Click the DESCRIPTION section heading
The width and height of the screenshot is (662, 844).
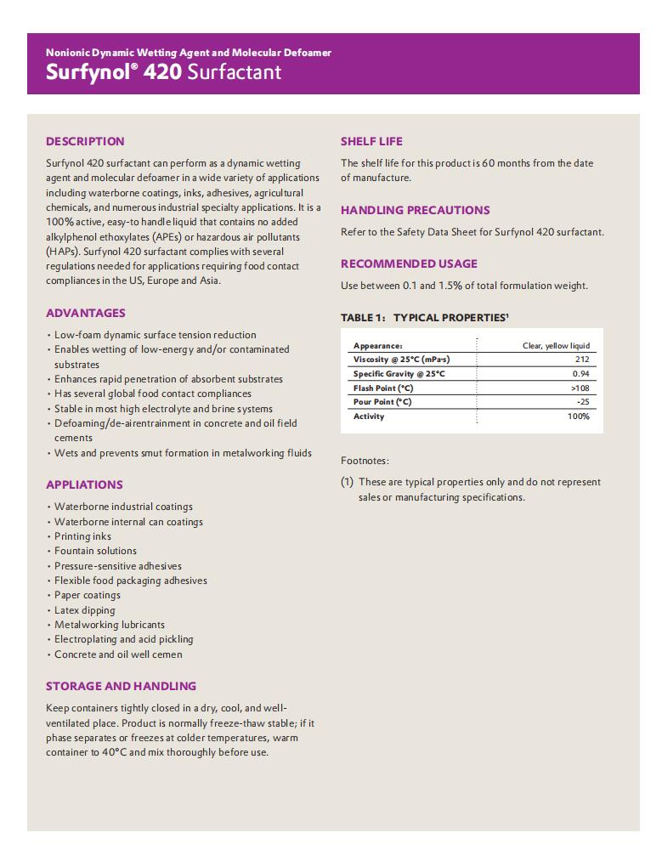pyautogui.click(x=85, y=141)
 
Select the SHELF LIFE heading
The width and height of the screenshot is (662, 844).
pyautogui.click(x=371, y=141)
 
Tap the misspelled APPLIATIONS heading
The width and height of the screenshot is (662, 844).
pyautogui.click(x=84, y=484)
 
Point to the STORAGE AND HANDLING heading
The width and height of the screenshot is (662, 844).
pyautogui.click(x=121, y=686)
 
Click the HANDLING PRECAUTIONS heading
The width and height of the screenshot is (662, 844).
pyautogui.click(x=415, y=210)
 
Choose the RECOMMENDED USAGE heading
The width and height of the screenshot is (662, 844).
pyautogui.click(x=409, y=263)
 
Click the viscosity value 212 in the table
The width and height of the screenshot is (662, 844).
pyautogui.click(x=581, y=360)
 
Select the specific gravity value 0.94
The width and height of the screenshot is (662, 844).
pyautogui.click(x=580, y=374)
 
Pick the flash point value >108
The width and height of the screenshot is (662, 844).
pyautogui.click(x=580, y=388)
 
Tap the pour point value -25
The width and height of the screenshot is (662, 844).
pyautogui.click(x=582, y=402)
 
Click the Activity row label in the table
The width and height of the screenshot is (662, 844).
pyautogui.click(x=369, y=416)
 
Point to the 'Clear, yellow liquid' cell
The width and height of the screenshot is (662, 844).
pyautogui.click(x=555, y=346)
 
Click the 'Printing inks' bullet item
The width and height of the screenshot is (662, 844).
pyautogui.click(x=82, y=536)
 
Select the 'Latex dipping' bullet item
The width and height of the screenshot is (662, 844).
pyautogui.click(x=84, y=610)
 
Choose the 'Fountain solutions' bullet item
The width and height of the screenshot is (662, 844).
pyautogui.click(x=95, y=551)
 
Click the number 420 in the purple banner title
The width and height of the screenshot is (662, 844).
pyautogui.click(x=162, y=72)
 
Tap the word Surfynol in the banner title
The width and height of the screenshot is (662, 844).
pyautogui.click(x=85, y=72)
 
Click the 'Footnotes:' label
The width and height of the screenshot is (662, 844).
pyautogui.click(x=365, y=461)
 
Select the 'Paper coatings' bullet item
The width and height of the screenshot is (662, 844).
pyautogui.click(x=88, y=595)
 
